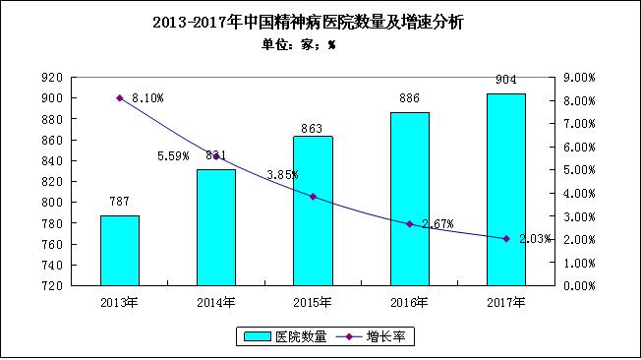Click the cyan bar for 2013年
(x=119, y=250)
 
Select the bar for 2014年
(x=216, y=227)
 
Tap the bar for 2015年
(x=313, y=210)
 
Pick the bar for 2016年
(x=409, y=199)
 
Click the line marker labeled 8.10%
(x=120, y=97)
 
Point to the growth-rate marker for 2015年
(x=313, y=197)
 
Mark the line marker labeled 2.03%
(x=505, y=239)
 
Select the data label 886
(x=409, y=98)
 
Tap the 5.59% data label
(x=174, y=155)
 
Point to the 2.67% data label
(x=437, y=224)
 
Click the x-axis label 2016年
(x=409, y=301)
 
